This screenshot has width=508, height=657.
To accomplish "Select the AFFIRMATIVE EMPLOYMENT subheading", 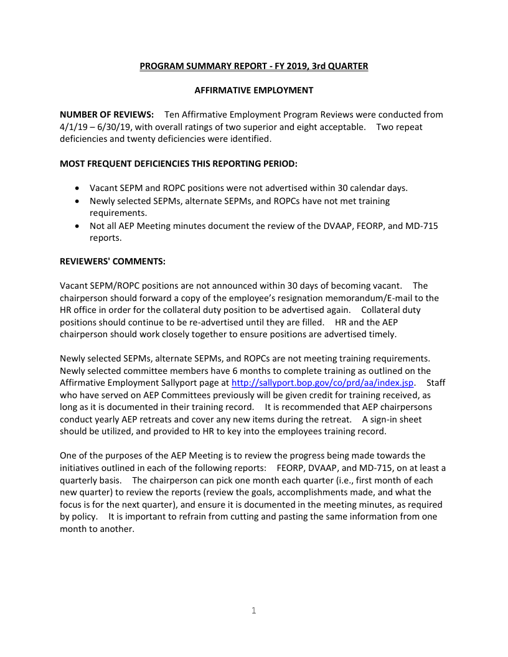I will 253,90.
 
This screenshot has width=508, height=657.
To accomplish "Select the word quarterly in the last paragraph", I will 80,480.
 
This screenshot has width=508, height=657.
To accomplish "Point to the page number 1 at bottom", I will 253,610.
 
